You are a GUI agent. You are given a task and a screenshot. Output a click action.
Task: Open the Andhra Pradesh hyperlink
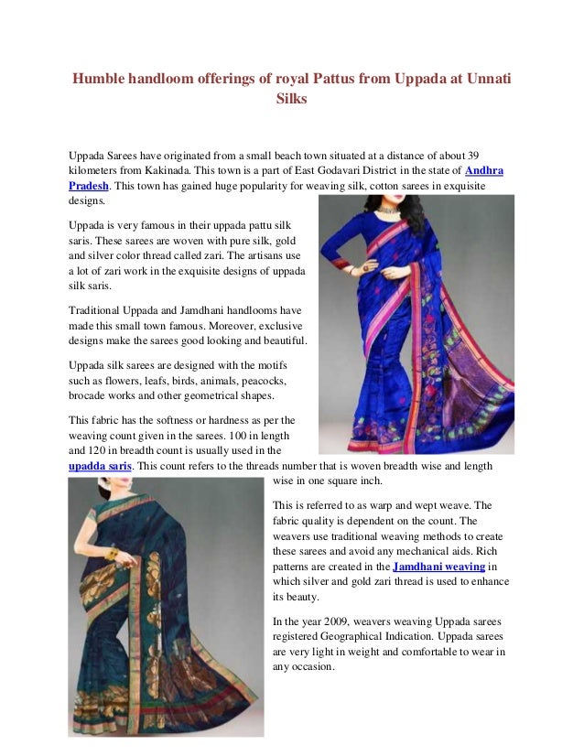click(x=484, y=171)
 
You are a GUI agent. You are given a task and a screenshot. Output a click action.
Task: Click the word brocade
click(x=89, y=396)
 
